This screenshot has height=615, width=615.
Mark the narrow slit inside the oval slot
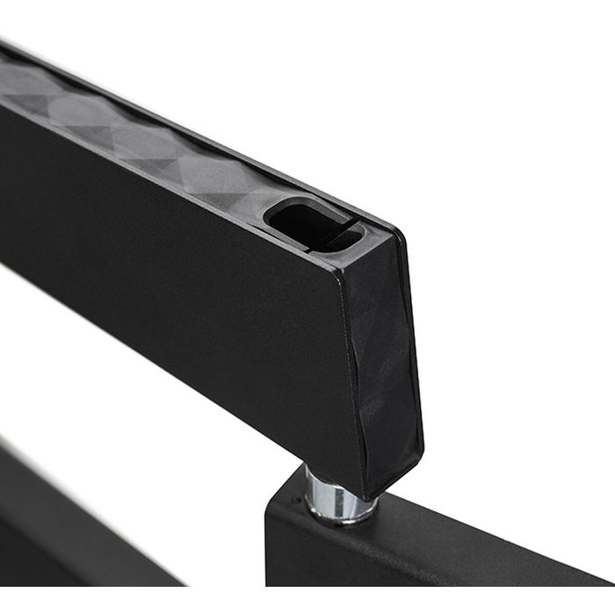click(343, 235)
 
